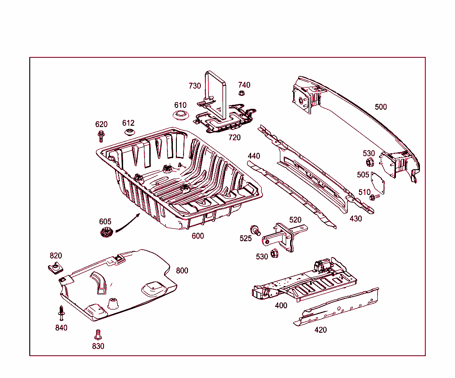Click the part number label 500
tap(381, 107)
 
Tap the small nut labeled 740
tap(242, 93)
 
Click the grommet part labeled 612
tap(129, 132)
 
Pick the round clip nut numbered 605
tap(106, 231)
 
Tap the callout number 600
tap(198, 236)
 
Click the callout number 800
tap(182, 271)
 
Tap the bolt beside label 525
tap(255, 230)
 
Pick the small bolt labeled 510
tap(374, 196)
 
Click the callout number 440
tap(254, 156)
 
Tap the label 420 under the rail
tap(320, 330)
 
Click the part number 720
tap(234, 137)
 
